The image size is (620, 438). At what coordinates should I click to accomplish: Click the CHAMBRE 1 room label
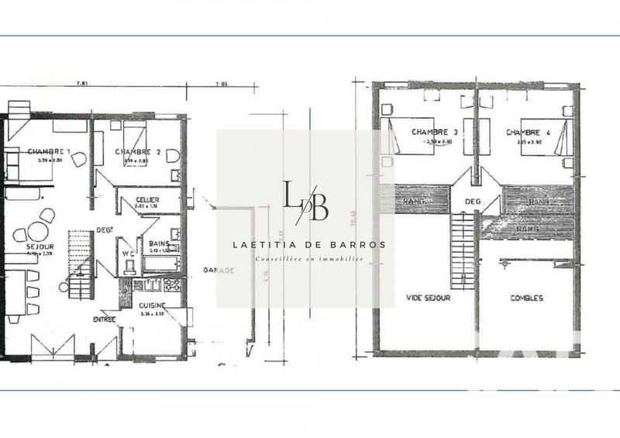tap(50, 151)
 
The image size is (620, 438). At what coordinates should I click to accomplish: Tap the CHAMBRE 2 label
tap(138, 152)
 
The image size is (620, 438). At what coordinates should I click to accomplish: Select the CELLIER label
tap(147, 200)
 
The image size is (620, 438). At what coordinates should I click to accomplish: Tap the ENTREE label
tap(104, 319)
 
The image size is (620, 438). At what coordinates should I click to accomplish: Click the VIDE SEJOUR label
tap(428, 297)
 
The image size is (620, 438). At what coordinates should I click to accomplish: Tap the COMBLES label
tap(527, 298)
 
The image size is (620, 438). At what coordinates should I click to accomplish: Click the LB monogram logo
tap(305, 201)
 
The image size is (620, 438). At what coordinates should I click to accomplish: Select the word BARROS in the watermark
tap(355, 244)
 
